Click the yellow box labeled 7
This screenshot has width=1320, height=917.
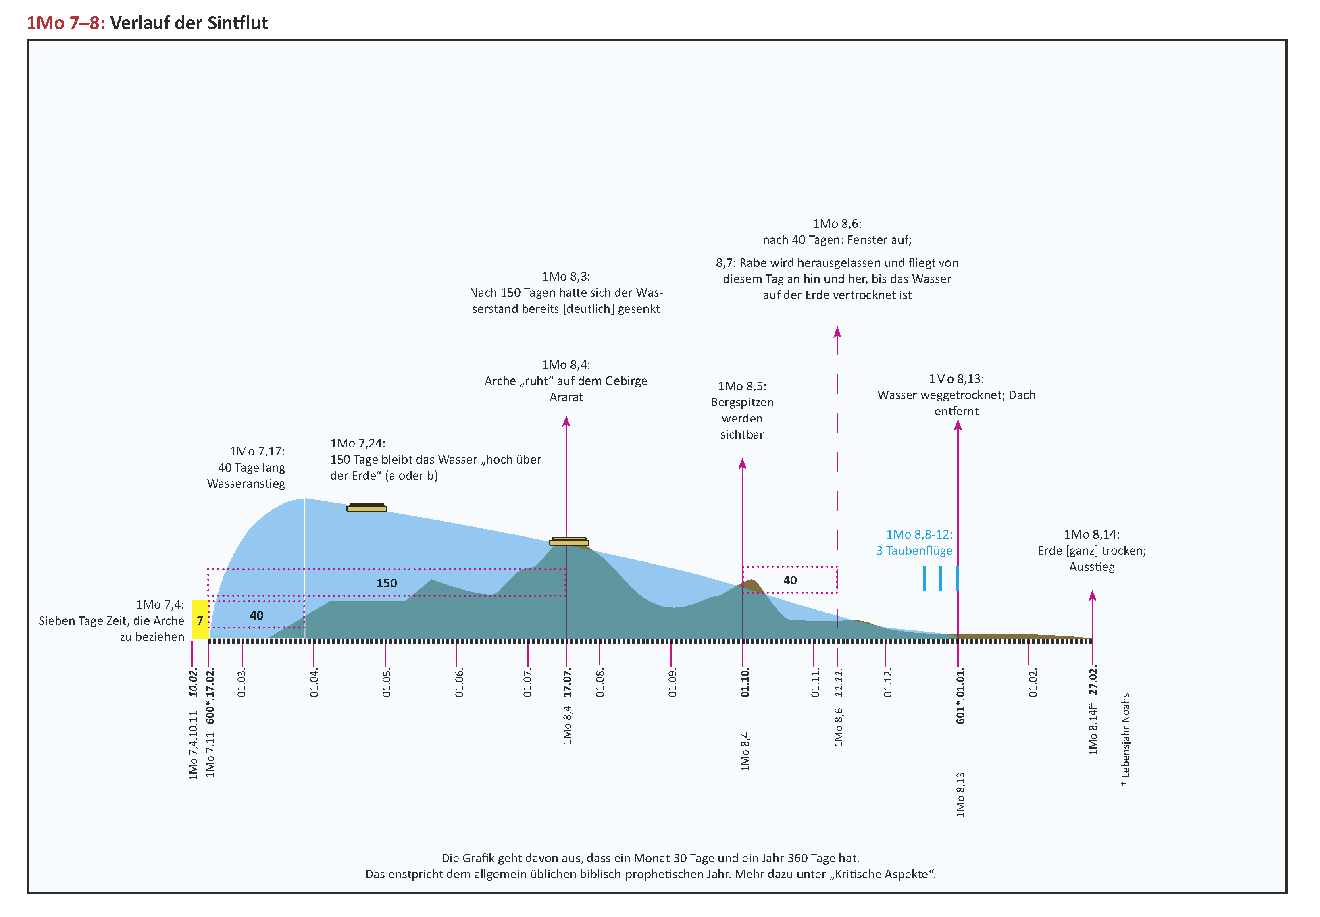[200, 620]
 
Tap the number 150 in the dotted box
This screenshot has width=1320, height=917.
[386, 583]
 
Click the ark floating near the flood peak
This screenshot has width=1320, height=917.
[366, 507]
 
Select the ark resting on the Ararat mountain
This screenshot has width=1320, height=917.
[569, 541]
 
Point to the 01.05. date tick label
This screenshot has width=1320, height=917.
[386, 682]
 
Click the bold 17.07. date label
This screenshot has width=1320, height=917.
[567, 682]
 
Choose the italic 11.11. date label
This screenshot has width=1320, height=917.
[839, 682]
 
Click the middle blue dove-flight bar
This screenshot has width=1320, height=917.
[940, 578]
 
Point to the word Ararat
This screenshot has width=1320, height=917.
[566, 397]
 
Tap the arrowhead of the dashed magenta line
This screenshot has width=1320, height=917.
[837, 332]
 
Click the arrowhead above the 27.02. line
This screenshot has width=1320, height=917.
[1093, 596]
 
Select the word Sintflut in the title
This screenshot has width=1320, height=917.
[237, 23]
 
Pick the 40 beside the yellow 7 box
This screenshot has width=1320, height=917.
[256, 615]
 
